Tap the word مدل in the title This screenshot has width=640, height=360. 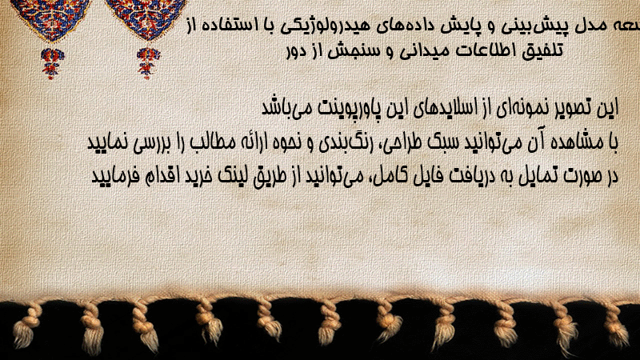pos(589,26)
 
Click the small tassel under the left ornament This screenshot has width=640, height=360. pos(52,62)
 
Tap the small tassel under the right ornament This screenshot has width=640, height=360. pos(148,62)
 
